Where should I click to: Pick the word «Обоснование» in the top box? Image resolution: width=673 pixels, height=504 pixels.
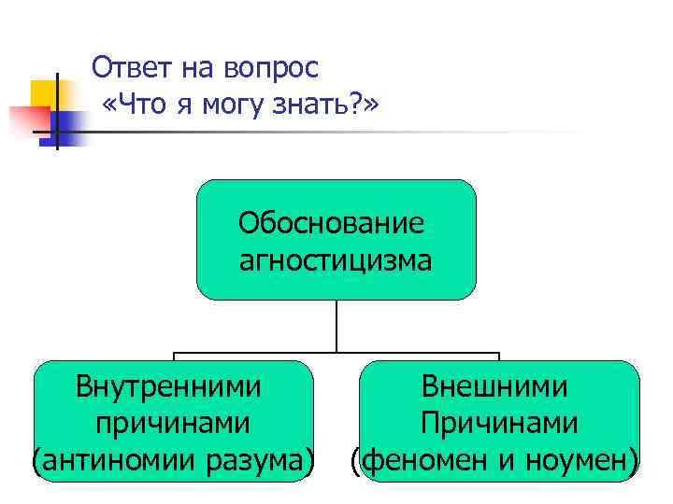331,223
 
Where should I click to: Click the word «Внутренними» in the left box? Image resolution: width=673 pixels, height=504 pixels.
168,385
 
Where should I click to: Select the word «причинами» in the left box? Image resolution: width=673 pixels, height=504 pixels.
172,422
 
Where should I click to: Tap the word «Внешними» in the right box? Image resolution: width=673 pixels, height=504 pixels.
494,385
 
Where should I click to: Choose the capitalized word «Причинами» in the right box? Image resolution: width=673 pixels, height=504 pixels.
498,422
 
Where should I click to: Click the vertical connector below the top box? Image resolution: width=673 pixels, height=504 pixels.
336,327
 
